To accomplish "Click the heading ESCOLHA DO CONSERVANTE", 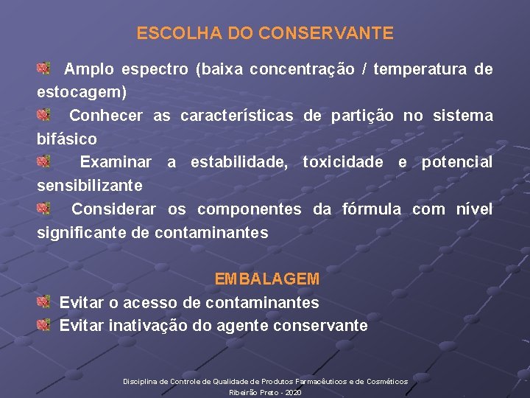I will point(265,33).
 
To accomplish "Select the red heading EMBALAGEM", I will point(266,279).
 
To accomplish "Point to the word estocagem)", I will point(82,93).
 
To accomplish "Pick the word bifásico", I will point(67,139).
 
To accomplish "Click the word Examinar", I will point(116,162).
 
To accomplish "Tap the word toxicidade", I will point(343,162).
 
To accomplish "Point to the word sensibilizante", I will point(90,185).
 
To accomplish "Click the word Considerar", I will point(113,209).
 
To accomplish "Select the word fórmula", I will point(372,209).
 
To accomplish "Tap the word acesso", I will point(150,302).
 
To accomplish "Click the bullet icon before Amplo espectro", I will point(44,69).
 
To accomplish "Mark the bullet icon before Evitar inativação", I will point(44,324).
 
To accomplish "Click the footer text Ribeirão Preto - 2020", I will point(265,393).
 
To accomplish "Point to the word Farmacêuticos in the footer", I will point(325,381).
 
